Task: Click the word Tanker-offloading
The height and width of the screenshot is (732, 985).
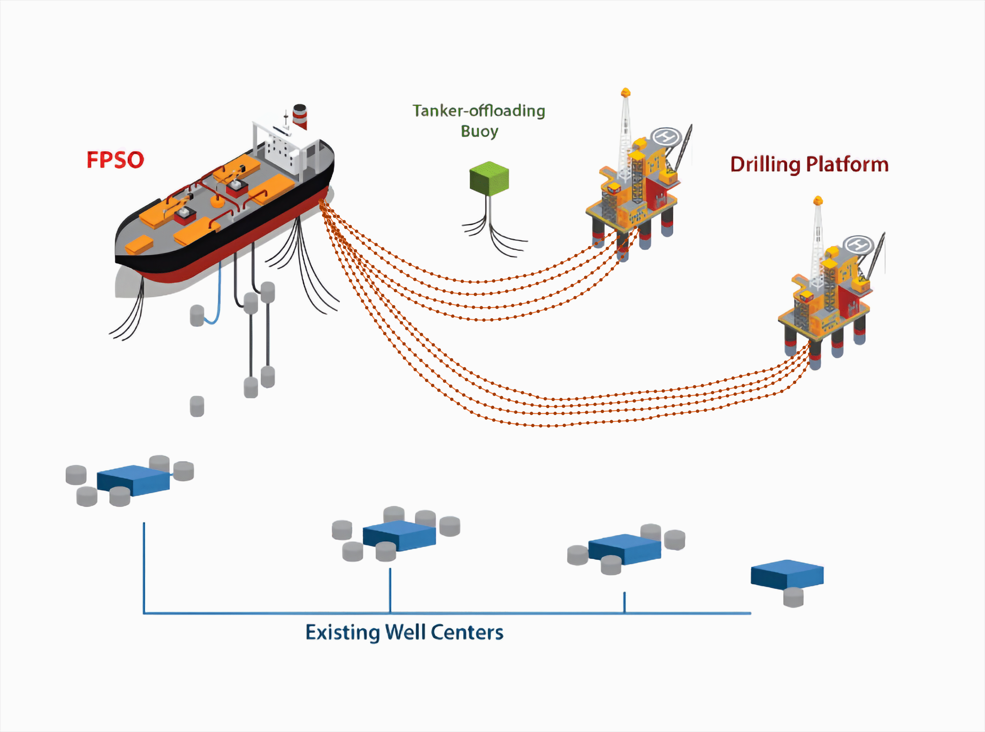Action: (x=478, y=111)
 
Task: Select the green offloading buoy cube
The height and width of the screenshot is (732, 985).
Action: (x=489, y=178)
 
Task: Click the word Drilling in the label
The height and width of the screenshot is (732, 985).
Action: (x=765, y=165)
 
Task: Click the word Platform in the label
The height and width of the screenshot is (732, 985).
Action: (x=847, y=164)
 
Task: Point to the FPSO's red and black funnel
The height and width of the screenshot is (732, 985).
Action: (x=300, y=116)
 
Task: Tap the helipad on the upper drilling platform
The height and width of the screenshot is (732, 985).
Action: (x=666, y=136)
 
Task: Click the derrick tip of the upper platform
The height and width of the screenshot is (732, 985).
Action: (x=625, y=92)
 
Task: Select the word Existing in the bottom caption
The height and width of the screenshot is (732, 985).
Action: (x=342, y=633)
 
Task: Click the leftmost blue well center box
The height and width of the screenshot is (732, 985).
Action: (x=133, y=480)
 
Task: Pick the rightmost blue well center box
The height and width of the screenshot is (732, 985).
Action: (x=787, y=575)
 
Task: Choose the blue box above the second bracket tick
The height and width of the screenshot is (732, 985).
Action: (x=399, y=536)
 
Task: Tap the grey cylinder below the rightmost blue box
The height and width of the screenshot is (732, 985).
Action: (x=793, y=598)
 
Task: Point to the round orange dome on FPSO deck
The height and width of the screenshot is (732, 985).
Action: (x=217, y=201)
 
